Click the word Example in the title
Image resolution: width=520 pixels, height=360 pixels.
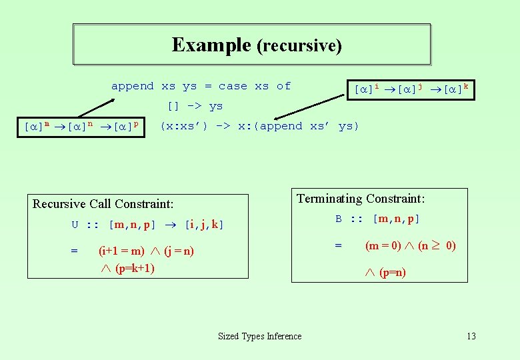click(x=211, y=45)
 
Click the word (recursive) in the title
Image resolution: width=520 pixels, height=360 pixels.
click(x=299, y=46)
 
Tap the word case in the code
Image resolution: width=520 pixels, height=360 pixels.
click(x=233, y=86)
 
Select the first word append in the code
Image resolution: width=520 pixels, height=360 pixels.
click(x=132, y=86)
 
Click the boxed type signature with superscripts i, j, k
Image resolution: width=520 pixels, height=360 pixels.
click(x=411, y=89)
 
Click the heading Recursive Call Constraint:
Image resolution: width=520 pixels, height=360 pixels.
click(x=103, y=204)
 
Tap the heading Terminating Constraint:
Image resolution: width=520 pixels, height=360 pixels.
click(x=361, y=199)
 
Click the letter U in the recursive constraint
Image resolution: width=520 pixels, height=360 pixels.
click(x=75, y=225)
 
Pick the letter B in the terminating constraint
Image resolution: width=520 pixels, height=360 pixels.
click(x=339, y=219)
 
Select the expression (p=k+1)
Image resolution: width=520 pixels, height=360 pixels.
click(x=135, y=268)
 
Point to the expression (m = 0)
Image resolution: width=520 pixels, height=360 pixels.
click(x=384, y=245)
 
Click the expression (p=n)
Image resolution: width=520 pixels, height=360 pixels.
click(x=393, y=272)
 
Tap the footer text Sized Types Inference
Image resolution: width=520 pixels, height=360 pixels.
click(x=260, y=337)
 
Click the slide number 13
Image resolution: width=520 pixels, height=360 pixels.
click(x=471, y=337)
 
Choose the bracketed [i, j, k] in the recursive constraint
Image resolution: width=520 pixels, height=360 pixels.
click(x=204, y=225)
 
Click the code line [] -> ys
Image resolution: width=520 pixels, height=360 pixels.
click(x=195, y=106)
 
